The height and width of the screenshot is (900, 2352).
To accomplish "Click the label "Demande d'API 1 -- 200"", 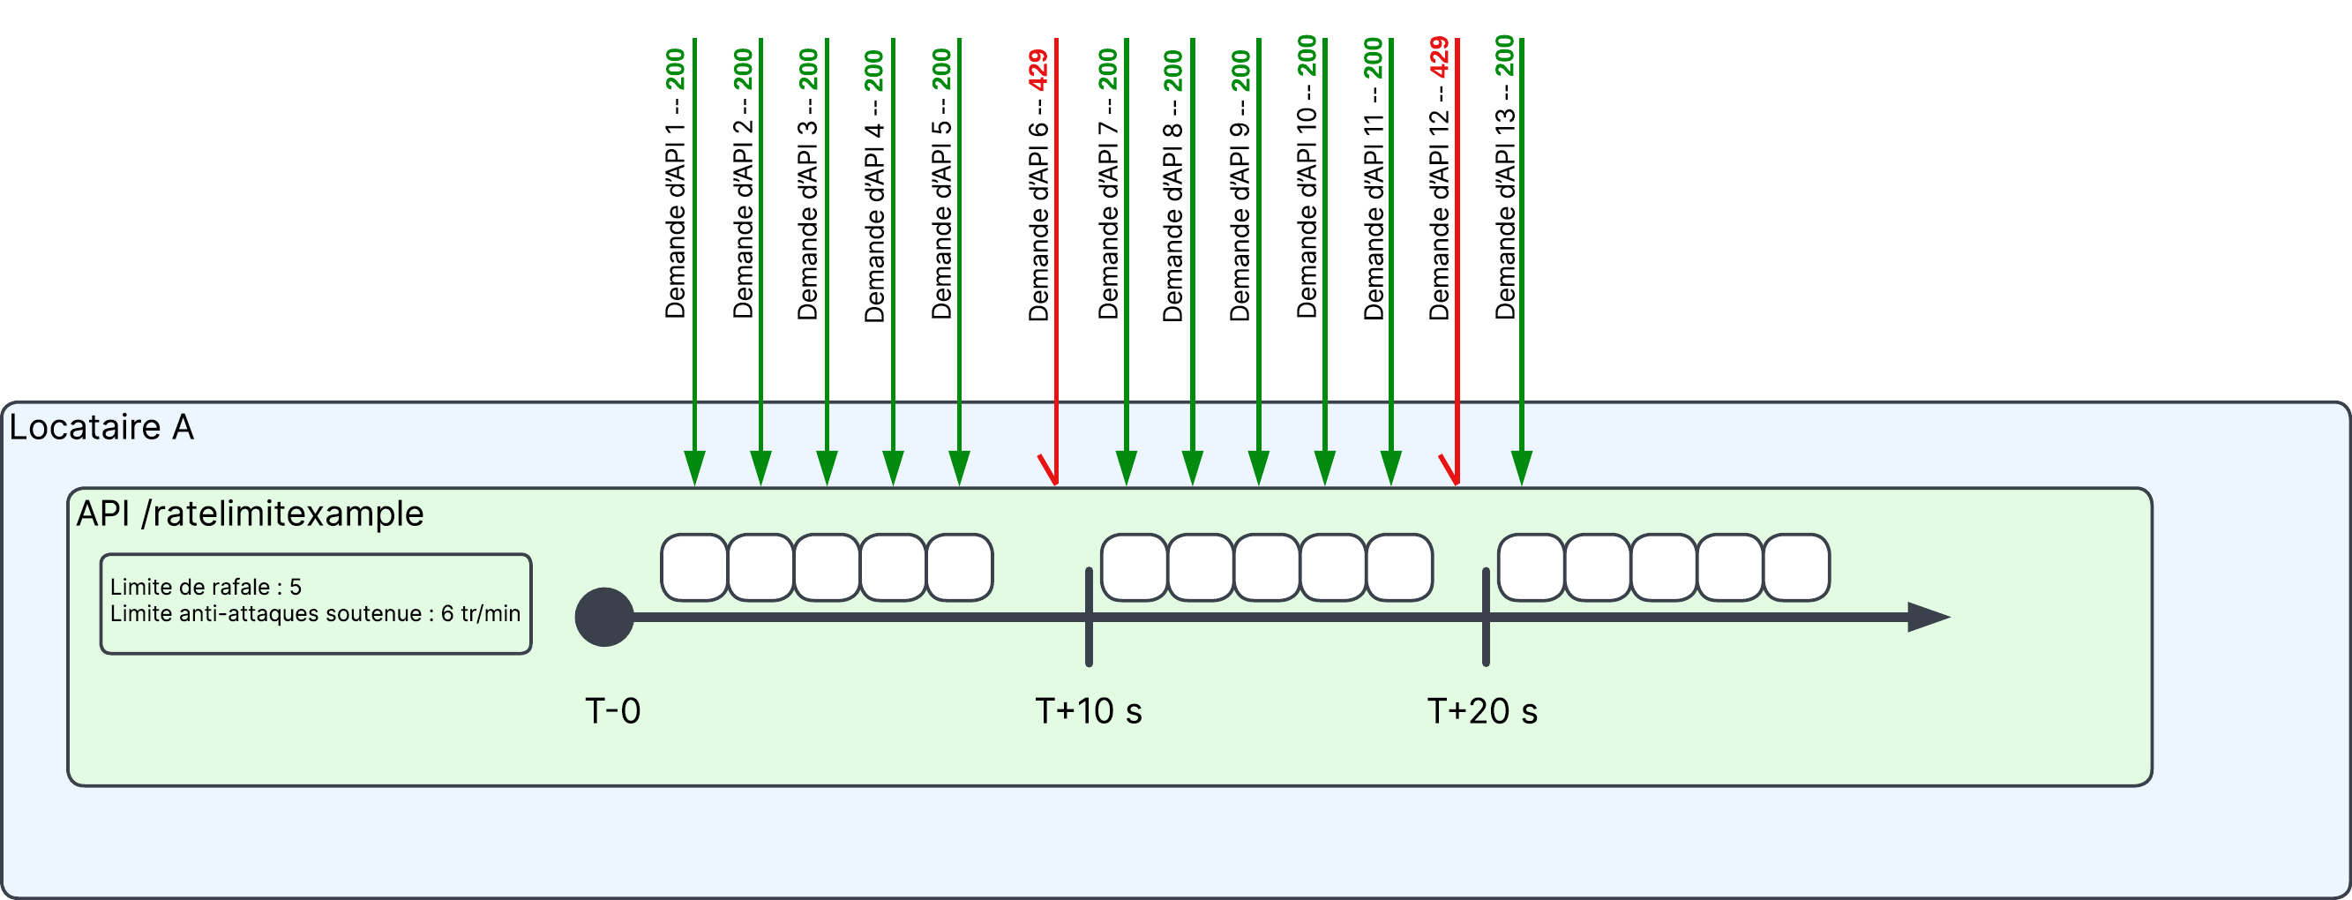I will pyautogui.click(x=675, y=183).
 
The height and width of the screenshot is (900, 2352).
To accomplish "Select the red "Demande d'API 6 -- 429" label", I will pyautogui.click(x=1038, y=184).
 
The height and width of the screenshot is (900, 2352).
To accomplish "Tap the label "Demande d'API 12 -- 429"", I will pyautogui.click(x=1439, y=178).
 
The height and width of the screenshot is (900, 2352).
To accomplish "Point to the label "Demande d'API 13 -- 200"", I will pyautogui.click(x=1505, y=177).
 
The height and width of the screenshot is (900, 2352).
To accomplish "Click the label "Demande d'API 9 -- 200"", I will pyautogui.click(x=1240, y=185).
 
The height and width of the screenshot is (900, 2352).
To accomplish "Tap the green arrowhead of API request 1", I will pyautogui.click(x=695, y=467).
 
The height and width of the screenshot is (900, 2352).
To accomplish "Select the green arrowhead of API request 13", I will pyautogui.click(x=1521, y=467).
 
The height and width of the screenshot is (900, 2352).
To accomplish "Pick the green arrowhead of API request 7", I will pyautogui.click(x=1127, y=467).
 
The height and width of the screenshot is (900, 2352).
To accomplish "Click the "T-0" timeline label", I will pyautogui.click(x=612, y=711).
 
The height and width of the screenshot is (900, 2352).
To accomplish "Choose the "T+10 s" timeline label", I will pyautogui.click(x=1089, y=711).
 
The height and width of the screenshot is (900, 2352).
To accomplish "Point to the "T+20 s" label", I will pyautogui.click(x=1482, y=711).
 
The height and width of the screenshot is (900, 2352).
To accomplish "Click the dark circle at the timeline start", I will pyautogui.click(x=604, y=617).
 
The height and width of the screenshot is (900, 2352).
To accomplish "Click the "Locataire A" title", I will pyautogui.click(x=101, y=427).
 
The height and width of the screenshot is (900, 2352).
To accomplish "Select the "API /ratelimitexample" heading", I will pyautogui.click(x=250, y=514).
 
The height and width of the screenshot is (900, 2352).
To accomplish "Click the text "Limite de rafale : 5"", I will pyautogui.click(x=206, y=587).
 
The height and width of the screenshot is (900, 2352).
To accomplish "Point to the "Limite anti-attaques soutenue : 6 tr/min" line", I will pyautogui.click(x=315, y=613).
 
